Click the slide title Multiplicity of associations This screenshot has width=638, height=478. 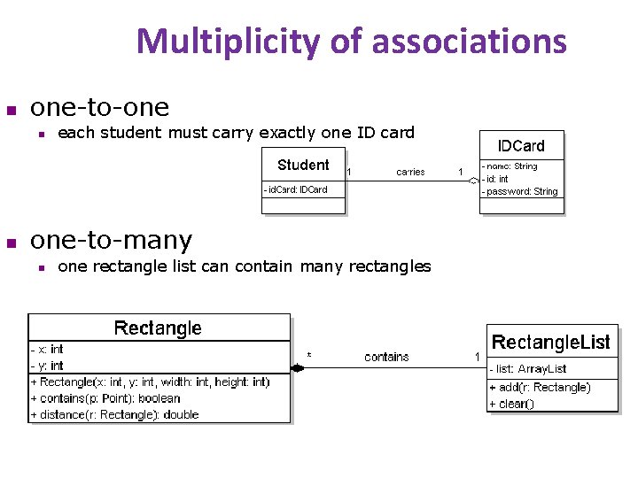click(x=351, y=41)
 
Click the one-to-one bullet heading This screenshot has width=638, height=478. click(x=99, y=107)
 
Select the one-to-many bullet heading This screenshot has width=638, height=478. click(x=111, y=240)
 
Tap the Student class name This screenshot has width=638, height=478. click(x=303, y=165)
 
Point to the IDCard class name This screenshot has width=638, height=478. click(x=520, y=145)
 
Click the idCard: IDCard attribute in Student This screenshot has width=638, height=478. click(x=296, y=189)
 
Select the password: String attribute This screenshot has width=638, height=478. click(x=521, y=191)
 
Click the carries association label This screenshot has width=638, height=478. click(x=410, y=172)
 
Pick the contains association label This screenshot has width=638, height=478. click(x=386, y=357)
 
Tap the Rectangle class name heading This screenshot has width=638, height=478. click(x=158, y=328)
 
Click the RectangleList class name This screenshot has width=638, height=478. click(x=551, y=342)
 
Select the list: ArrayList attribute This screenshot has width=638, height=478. click(x=528, y=368)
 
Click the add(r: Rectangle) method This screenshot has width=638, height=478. click(x=540, y=387)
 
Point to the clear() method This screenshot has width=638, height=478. click(x=512, y=404)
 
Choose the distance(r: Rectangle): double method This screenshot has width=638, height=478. click(x=114, y=414)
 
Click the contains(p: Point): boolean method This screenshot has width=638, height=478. click(x=105, y=398)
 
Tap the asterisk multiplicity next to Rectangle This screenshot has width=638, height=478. click(x=308, y=356)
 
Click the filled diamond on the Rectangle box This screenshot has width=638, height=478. click(x=298, y=368)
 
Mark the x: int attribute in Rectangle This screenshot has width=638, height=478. click(x=48, y=349)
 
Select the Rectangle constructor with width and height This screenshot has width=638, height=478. click(x=150, y=382)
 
